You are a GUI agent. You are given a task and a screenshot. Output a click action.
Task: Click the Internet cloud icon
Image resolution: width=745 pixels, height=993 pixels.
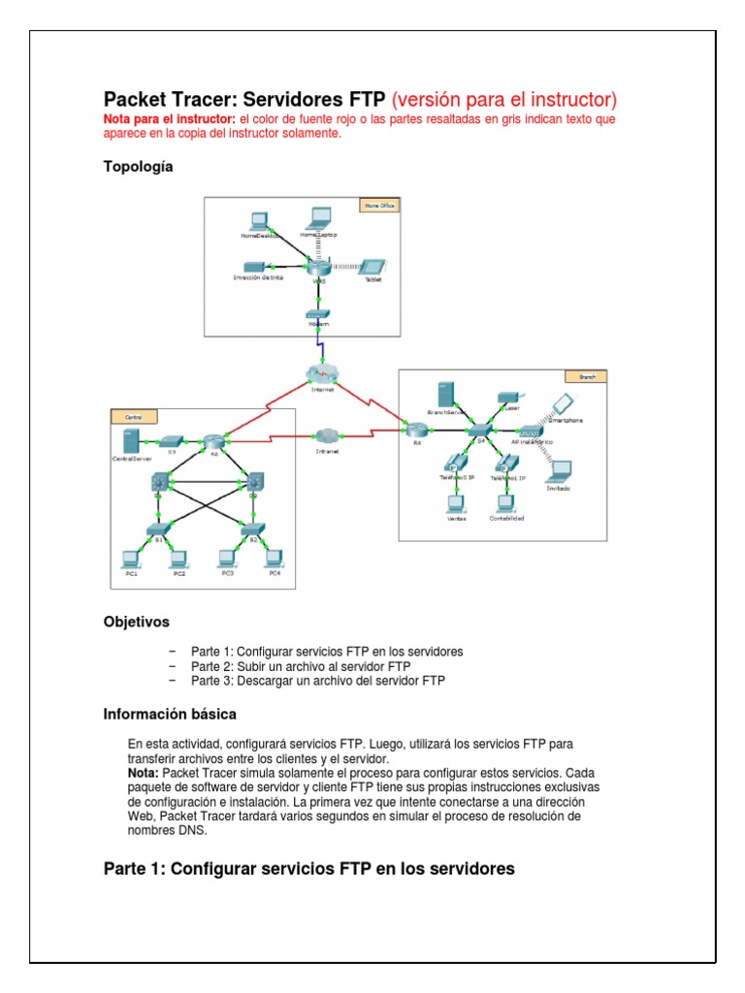pos(317,373)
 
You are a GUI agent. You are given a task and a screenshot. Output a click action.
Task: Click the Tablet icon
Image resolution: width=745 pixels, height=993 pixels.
pos(372,268)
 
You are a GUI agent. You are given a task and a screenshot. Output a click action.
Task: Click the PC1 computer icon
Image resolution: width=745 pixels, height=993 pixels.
pos(131,559)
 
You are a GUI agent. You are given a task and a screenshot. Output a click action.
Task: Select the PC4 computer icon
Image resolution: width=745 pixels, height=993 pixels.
pos(275,559)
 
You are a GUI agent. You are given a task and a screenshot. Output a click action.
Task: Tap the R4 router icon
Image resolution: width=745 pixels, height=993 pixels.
pos(417,431)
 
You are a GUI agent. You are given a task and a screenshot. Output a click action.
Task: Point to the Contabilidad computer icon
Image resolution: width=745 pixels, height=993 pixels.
pos(504,503)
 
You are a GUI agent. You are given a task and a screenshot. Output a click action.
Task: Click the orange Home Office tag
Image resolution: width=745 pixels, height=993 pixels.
pos(378,206)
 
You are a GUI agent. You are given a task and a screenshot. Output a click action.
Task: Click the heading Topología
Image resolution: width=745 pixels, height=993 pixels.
pos(138,167)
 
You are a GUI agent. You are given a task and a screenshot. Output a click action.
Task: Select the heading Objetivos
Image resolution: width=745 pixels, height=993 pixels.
pos(136,621)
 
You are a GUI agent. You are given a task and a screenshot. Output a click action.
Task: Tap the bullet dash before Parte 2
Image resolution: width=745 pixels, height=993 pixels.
pos(173,666)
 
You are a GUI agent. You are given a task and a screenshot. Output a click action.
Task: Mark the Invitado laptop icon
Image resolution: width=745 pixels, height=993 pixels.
pos(558,471)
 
